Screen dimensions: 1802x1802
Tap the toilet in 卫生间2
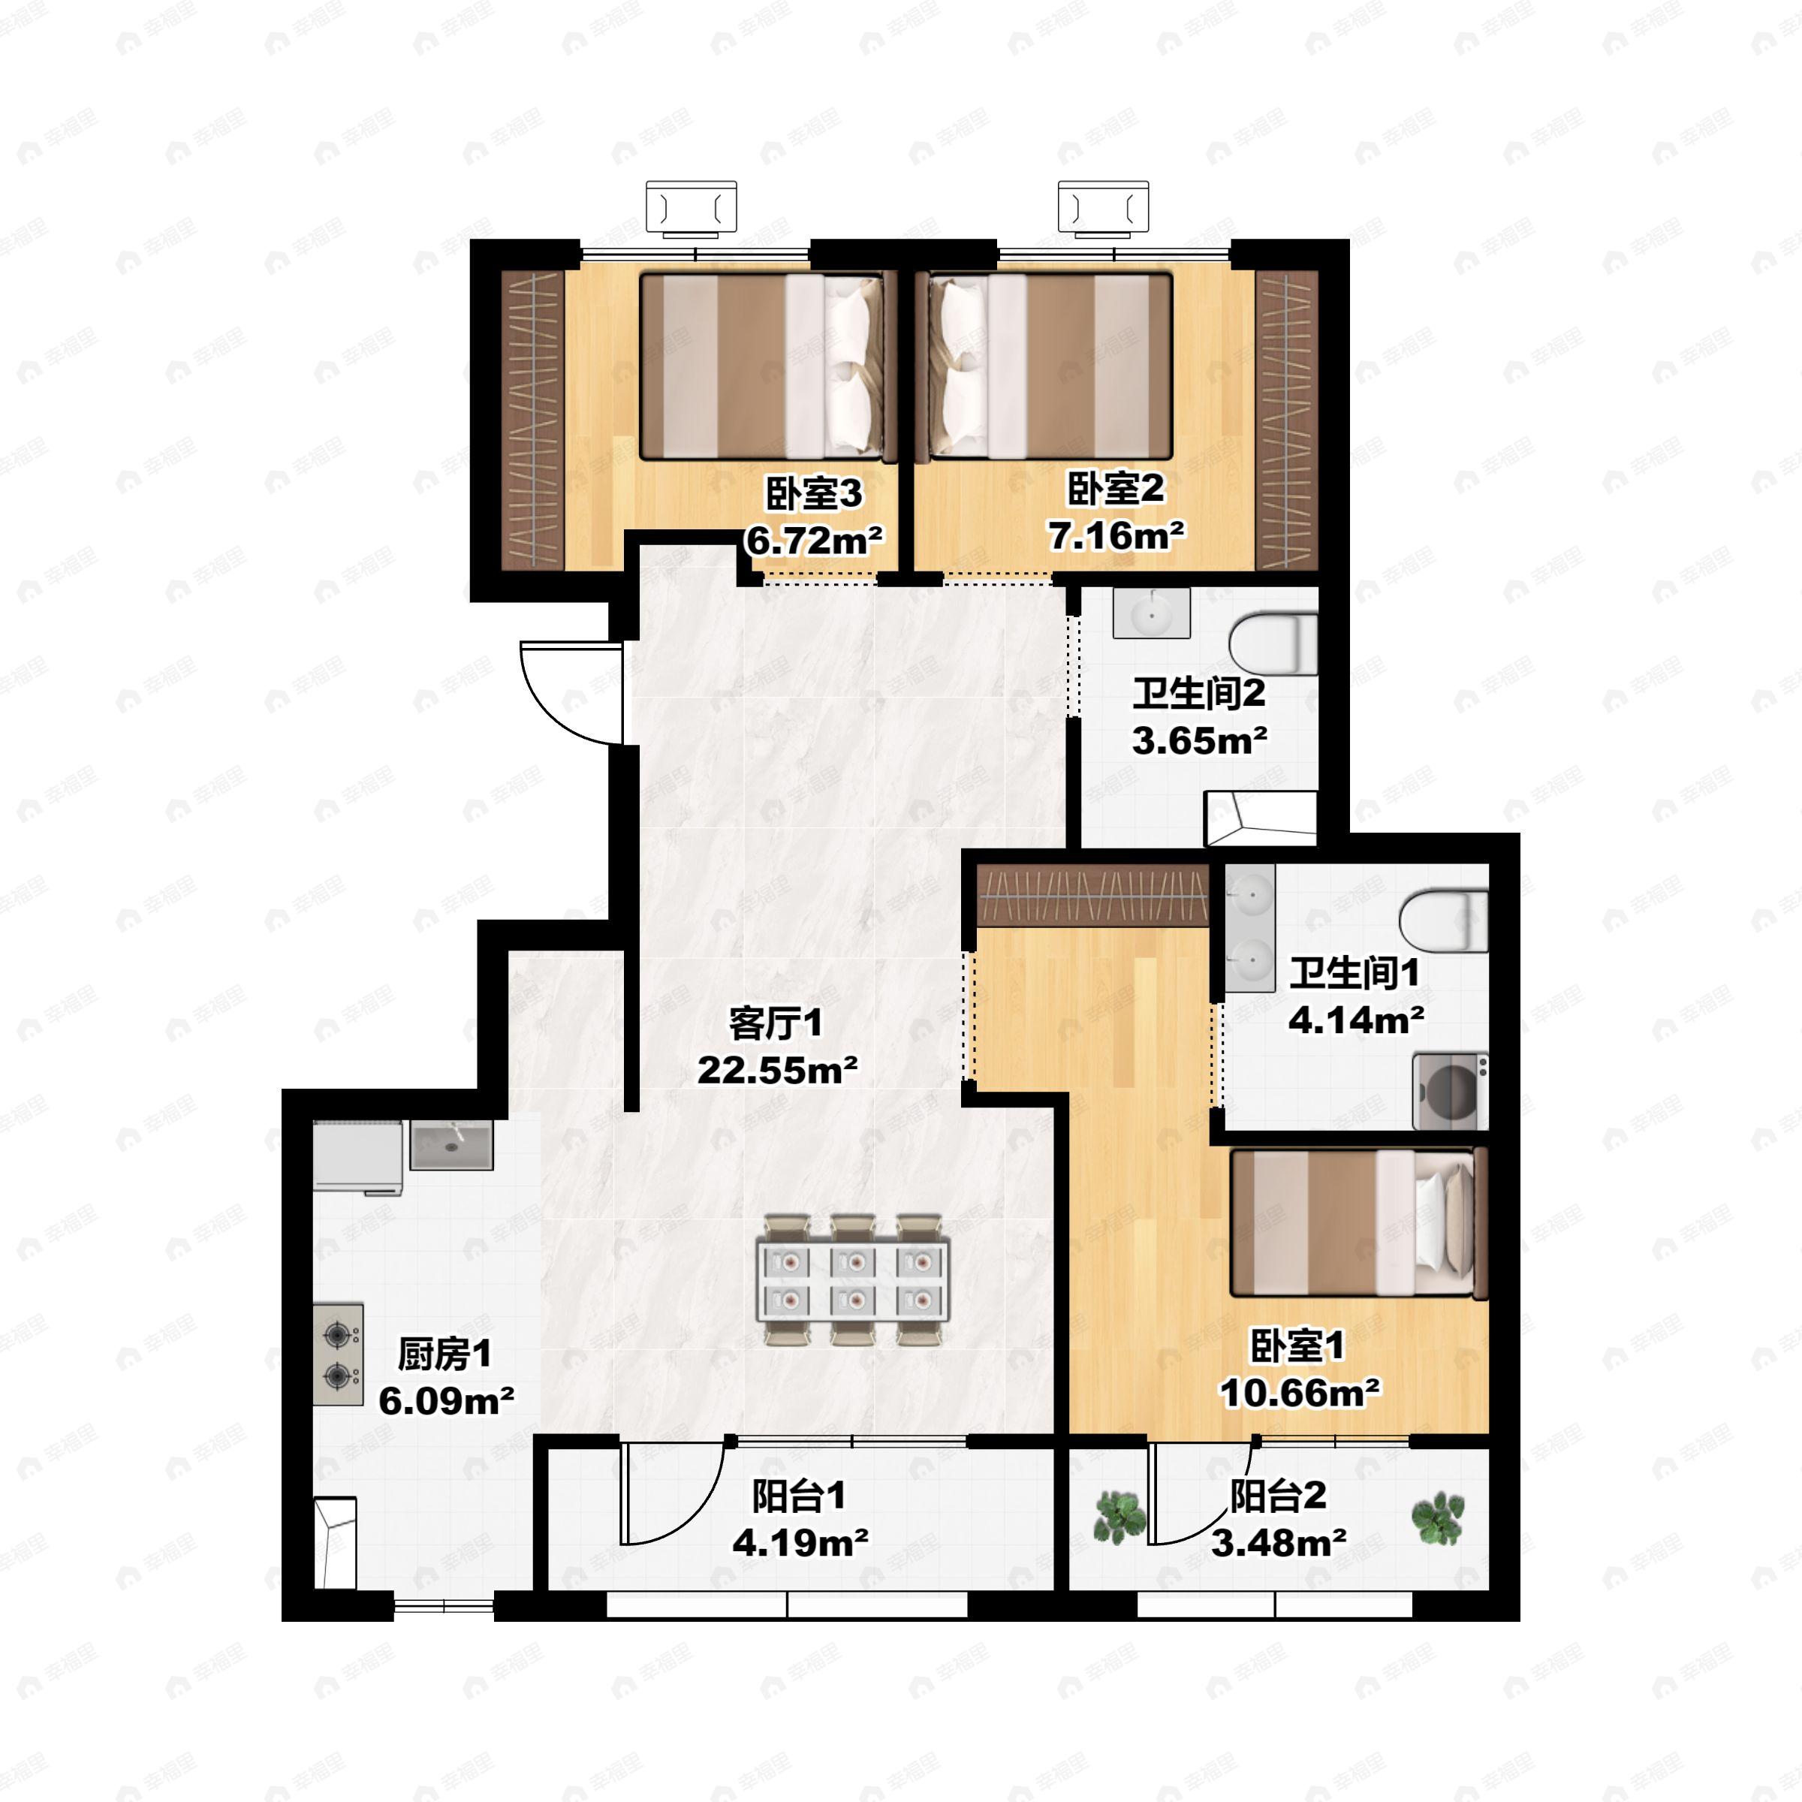1273,643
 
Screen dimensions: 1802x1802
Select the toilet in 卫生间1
1444,921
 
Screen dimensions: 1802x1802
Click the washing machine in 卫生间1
1449,1090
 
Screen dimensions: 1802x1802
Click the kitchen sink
451,1145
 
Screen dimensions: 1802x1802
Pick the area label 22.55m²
778,1070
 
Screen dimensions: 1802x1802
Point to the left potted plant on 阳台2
1119,1517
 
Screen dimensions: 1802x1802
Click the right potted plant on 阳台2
1437,1517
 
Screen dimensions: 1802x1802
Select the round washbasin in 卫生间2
1152,613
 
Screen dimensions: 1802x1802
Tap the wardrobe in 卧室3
532,420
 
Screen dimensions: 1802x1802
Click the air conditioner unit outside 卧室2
1104,206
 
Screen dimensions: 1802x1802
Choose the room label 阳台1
800,1496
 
